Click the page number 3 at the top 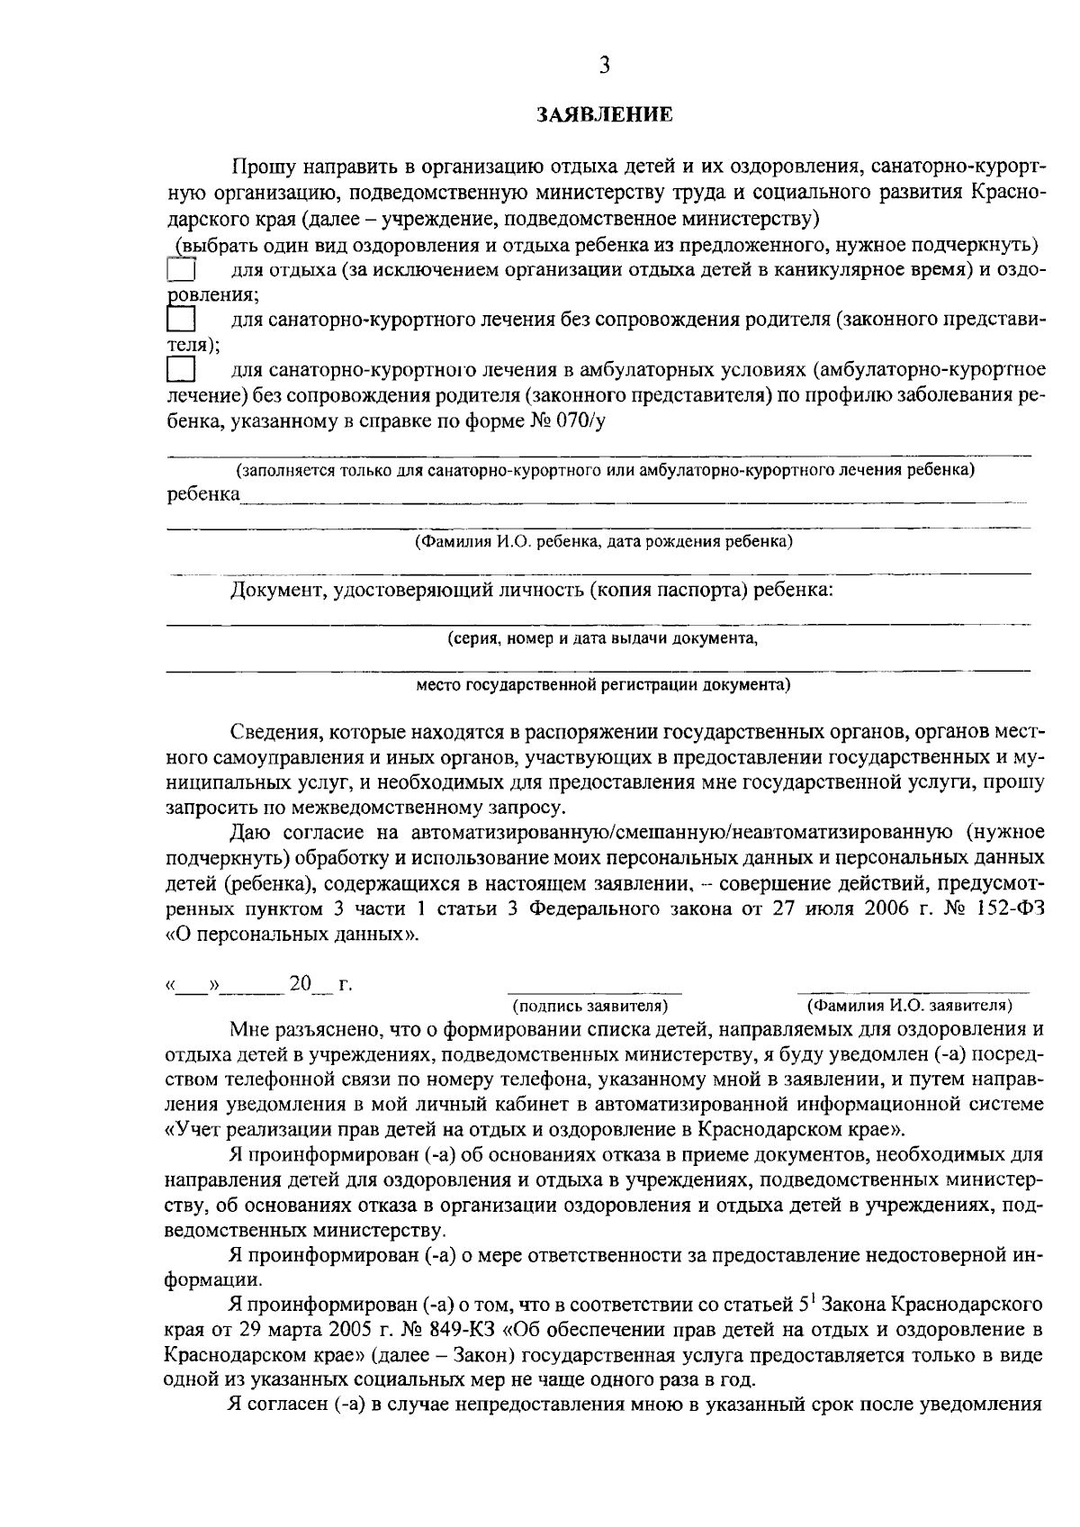point(604,66)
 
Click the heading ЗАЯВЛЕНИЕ point(604,114)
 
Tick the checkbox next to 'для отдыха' point(182,271)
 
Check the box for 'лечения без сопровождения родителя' point(182,321)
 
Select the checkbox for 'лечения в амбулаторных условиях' point(182,370)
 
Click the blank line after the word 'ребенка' point(630,496)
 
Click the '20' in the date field point(300,984)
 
